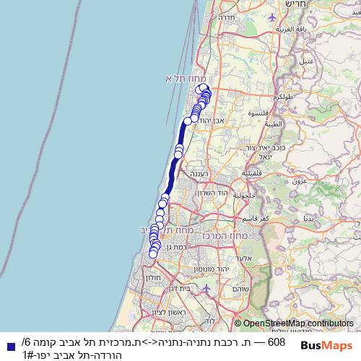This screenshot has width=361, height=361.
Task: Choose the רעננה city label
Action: [x=197, y=174]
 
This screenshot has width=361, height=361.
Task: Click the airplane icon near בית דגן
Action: [x=207, y=288]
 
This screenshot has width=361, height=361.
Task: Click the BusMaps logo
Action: [x=326, y=346]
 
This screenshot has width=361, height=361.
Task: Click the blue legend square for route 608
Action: [x=9, y=347]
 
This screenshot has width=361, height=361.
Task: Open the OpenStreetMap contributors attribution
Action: [x=298, y=324]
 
